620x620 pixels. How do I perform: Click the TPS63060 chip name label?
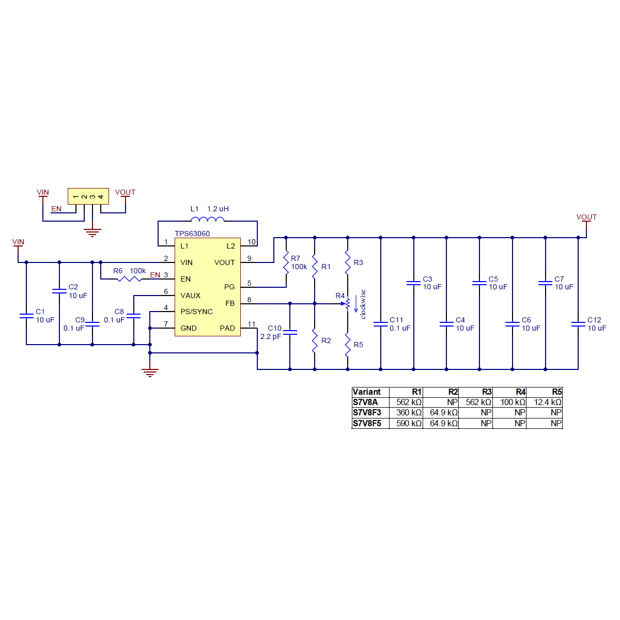pos(192,234)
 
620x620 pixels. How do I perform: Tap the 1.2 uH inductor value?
pos(218,209)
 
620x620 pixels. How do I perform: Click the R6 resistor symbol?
pos(129,279)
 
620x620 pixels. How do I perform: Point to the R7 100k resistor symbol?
pos(286,262)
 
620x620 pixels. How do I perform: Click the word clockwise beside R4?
pos(363,304)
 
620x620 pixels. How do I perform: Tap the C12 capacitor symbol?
pos(578,324)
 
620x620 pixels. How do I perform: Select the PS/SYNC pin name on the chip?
pos(196,312)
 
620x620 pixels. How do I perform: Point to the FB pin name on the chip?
pos(230,303)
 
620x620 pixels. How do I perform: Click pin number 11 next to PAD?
pos(251,324)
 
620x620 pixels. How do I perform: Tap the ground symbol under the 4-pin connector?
pos(92,233)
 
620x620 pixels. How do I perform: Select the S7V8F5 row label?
pos(367,423)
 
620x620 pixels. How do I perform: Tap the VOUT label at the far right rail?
pos(586,217)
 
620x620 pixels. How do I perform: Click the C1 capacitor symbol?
pos(26,315)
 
